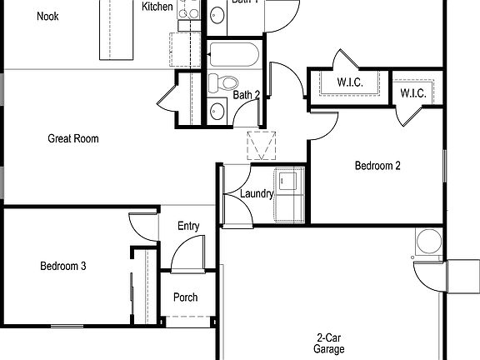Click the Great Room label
point(73,138)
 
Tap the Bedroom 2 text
point(377,166)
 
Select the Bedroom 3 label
point(63,267)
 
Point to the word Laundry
point(257,194)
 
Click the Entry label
point(188,227)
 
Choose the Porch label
point(185,297)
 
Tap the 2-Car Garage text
point(329,343)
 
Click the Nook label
point(47,16)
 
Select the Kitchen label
point(157,7)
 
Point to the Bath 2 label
point(246,95)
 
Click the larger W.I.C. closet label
point(347,82)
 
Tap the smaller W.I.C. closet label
point(413,93)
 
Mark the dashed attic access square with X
point(261,146)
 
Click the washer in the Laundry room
point(288,179)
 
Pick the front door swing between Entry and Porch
point(187,253)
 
